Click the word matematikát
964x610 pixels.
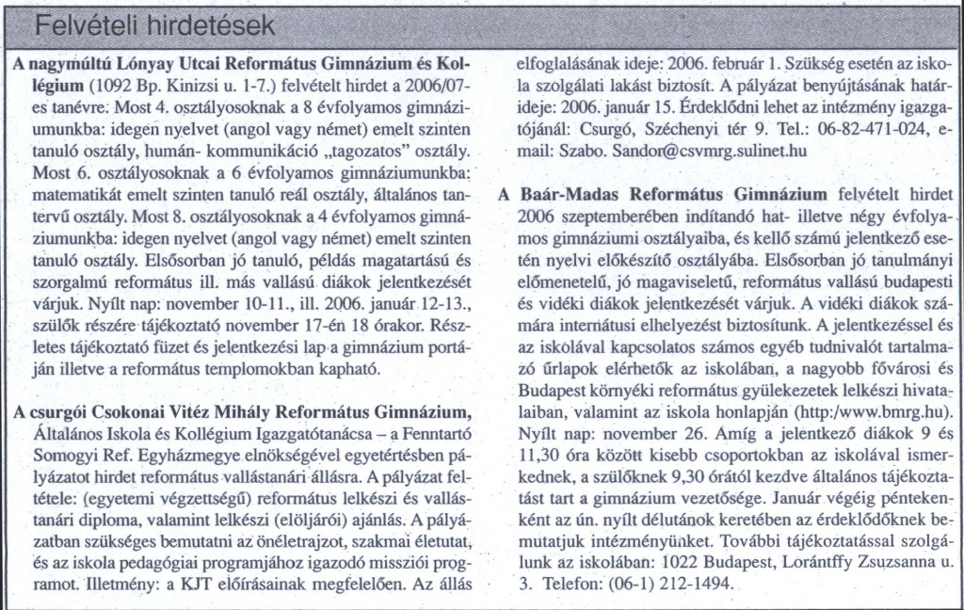81,197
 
